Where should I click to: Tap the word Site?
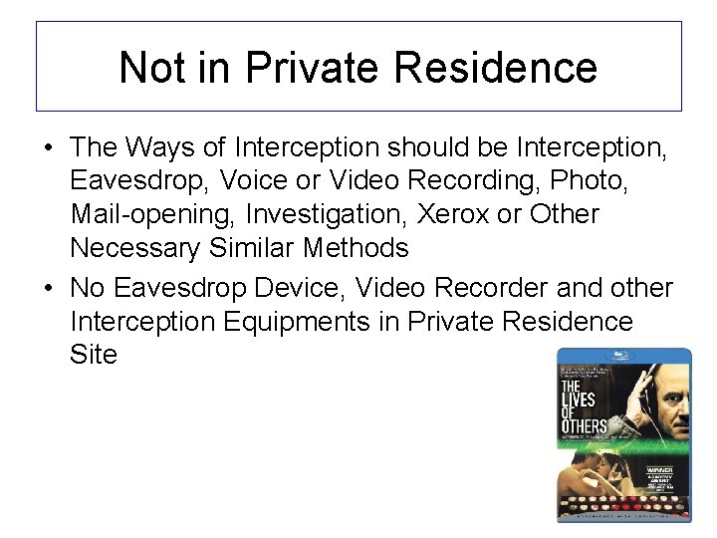pyautogui.click(x=94, y=355)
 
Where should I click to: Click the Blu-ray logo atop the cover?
pyautogui.click(x=623, y=356)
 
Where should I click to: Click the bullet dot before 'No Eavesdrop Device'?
pyautogui.click(x=49, y=289)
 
